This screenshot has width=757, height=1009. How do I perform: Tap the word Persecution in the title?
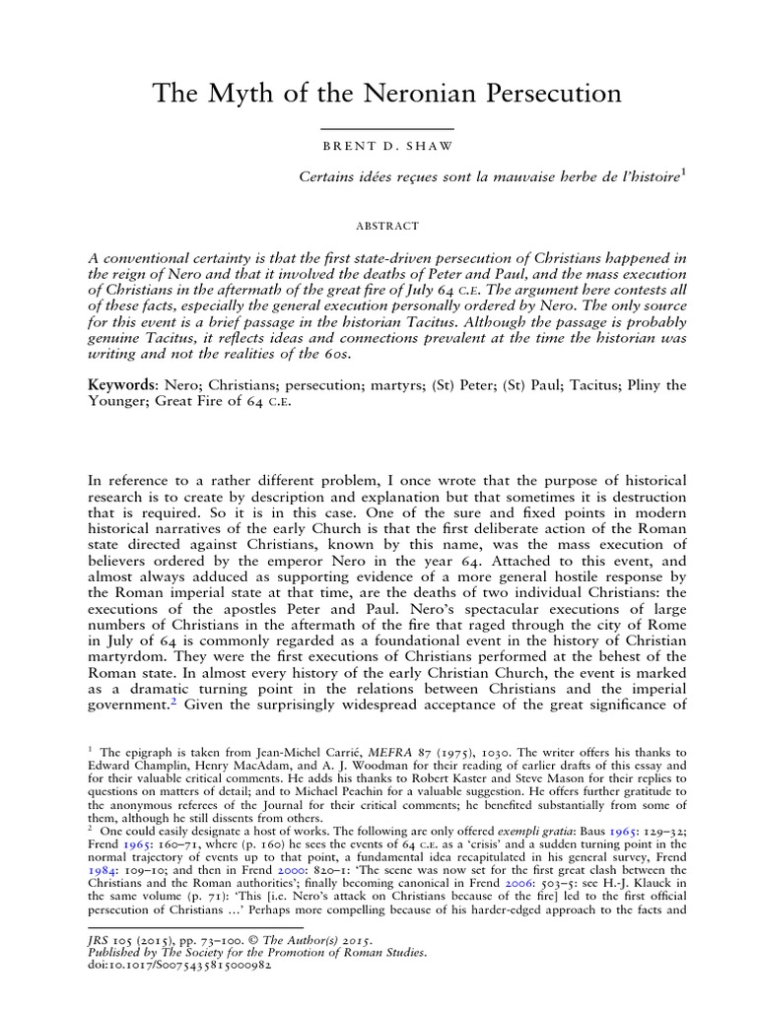point(551,95)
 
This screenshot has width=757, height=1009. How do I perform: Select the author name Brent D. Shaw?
point(386,147)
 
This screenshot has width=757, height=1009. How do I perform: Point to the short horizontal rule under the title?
point(386,128)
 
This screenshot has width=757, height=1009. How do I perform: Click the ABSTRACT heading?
point(386,226)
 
